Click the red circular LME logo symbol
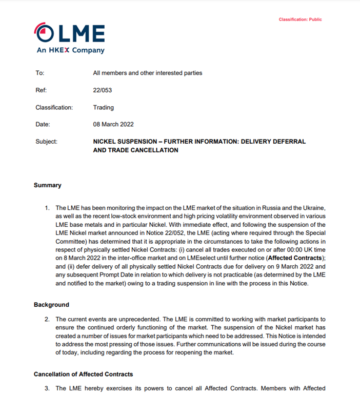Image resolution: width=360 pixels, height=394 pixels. [45, 33]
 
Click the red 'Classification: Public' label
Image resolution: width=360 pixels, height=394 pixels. [300, 19]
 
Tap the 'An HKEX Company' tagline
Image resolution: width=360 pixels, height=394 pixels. [70, 50]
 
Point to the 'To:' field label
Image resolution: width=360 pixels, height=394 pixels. [40, 73]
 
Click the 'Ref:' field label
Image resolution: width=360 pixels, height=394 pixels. [41, 90]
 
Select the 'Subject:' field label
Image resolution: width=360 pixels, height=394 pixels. [46, 142]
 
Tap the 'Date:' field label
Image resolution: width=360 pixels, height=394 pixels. [43, 124]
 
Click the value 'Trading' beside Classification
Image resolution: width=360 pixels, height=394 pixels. [103, 108]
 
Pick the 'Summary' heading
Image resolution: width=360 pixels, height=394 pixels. [47, 185]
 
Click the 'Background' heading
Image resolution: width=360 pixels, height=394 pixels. [51, 305]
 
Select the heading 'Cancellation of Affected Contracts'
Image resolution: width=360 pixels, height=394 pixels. [83, 374]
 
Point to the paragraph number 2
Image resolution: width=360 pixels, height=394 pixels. [46, 319]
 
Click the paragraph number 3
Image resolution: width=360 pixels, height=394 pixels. [46, 388]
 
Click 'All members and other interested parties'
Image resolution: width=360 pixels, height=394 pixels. [148, 73]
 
